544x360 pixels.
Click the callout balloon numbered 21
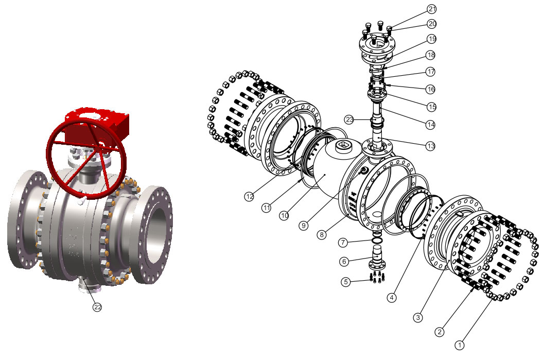[432, 9]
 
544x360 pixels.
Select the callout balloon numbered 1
[460, 345]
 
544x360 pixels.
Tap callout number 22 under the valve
[97, 307]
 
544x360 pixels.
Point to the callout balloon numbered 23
[349, 120]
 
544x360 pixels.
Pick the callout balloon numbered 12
[250, 197]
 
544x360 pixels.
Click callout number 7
[343, 242]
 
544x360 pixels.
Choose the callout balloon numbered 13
[431, 146]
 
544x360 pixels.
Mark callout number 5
[345, 282]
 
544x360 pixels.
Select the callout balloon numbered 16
[431, 89]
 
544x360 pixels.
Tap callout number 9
[304, 226]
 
